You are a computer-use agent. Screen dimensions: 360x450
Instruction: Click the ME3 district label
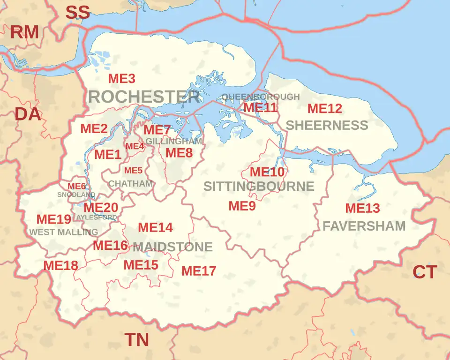click(x=121, y=79)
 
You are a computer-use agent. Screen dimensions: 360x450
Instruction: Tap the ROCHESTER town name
click(x=143, y=97)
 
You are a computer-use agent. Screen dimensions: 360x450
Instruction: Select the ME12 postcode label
click(x=324, y=109)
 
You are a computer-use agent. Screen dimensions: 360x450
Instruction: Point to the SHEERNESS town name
click(x=327, y=125)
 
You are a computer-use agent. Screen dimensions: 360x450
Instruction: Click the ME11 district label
click(x=261, y=107)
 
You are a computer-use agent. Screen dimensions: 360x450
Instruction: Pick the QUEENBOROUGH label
click(x=261, y=97)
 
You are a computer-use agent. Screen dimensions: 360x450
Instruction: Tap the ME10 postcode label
click(x=267, y=172)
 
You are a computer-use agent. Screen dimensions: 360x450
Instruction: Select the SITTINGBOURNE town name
click(x=259, y=187)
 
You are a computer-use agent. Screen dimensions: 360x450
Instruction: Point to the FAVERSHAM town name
click(x=364, y=226)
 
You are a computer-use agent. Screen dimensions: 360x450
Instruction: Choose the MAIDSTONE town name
click(x=172, y=247)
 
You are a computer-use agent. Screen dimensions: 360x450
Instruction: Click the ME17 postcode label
click(x=199, y=271)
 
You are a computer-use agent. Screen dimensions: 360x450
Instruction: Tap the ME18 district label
click(x=60, y=265)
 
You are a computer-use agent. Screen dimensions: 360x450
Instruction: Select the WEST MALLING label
click(x=64, y=232)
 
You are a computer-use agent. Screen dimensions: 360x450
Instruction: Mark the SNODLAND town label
click(x=76, y=195)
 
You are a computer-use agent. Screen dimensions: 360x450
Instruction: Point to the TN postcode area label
click(x=136, y=340)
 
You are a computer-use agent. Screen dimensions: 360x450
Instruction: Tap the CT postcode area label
click(x=425, y=272)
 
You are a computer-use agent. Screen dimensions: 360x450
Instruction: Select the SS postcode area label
click(x=77, y=13)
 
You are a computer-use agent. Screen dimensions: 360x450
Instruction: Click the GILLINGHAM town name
click(x=174, y=141)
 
